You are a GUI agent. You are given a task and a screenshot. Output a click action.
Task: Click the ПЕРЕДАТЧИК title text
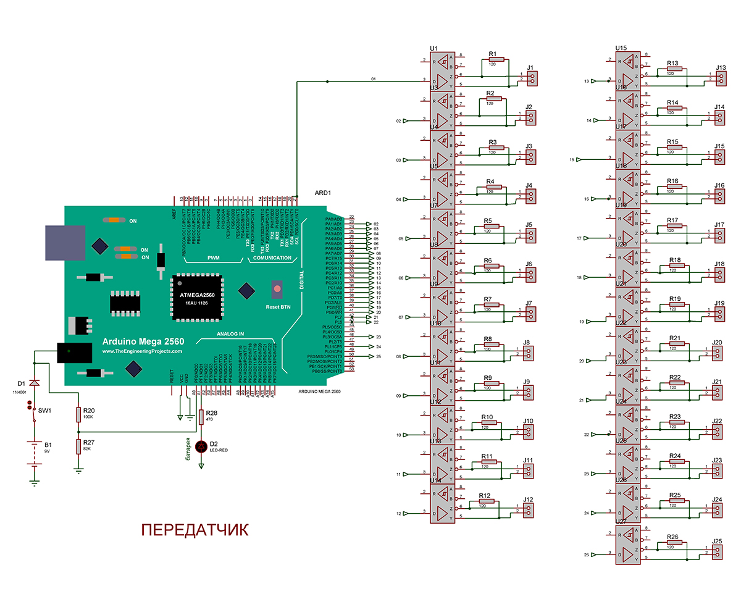(195, 530)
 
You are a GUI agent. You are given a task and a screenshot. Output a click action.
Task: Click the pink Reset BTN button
(277, 289)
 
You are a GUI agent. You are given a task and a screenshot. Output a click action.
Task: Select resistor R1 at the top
(496, 60)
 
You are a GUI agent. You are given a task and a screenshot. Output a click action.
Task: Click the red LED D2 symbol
(201, 446)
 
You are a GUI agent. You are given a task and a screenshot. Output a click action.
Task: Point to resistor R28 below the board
(201, 418)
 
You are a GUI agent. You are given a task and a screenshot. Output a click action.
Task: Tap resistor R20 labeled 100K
(78, 414)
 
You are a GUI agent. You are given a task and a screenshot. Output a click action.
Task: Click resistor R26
(674, 543)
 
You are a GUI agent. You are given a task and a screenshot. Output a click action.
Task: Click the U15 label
(621, 48)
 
